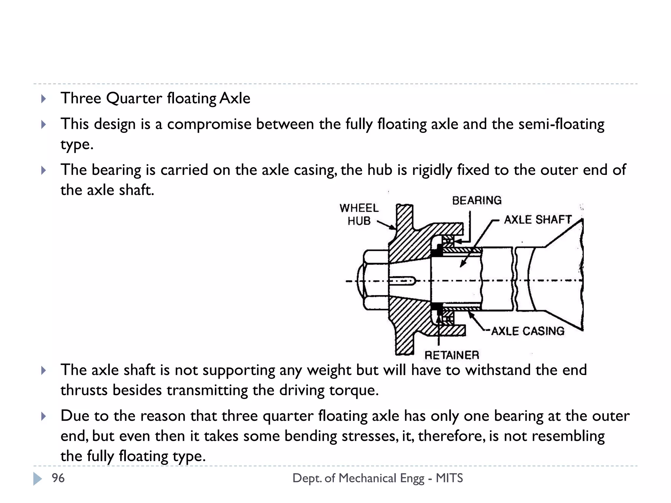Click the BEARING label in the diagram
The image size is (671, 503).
(477, 200)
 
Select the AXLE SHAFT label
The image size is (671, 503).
(538, 219)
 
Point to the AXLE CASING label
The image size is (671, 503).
(528, 331)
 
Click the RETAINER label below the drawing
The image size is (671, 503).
(452, 355)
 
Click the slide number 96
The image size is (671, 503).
(58, 478)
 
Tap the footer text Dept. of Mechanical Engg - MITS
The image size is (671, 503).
(377, 478)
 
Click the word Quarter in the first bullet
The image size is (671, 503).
(134, 98)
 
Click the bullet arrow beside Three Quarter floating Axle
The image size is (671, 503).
(44, 99)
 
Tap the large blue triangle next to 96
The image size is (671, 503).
(38, 478)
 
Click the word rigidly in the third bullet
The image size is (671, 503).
(432, 170)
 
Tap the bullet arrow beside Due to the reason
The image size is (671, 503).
(44, 416)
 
